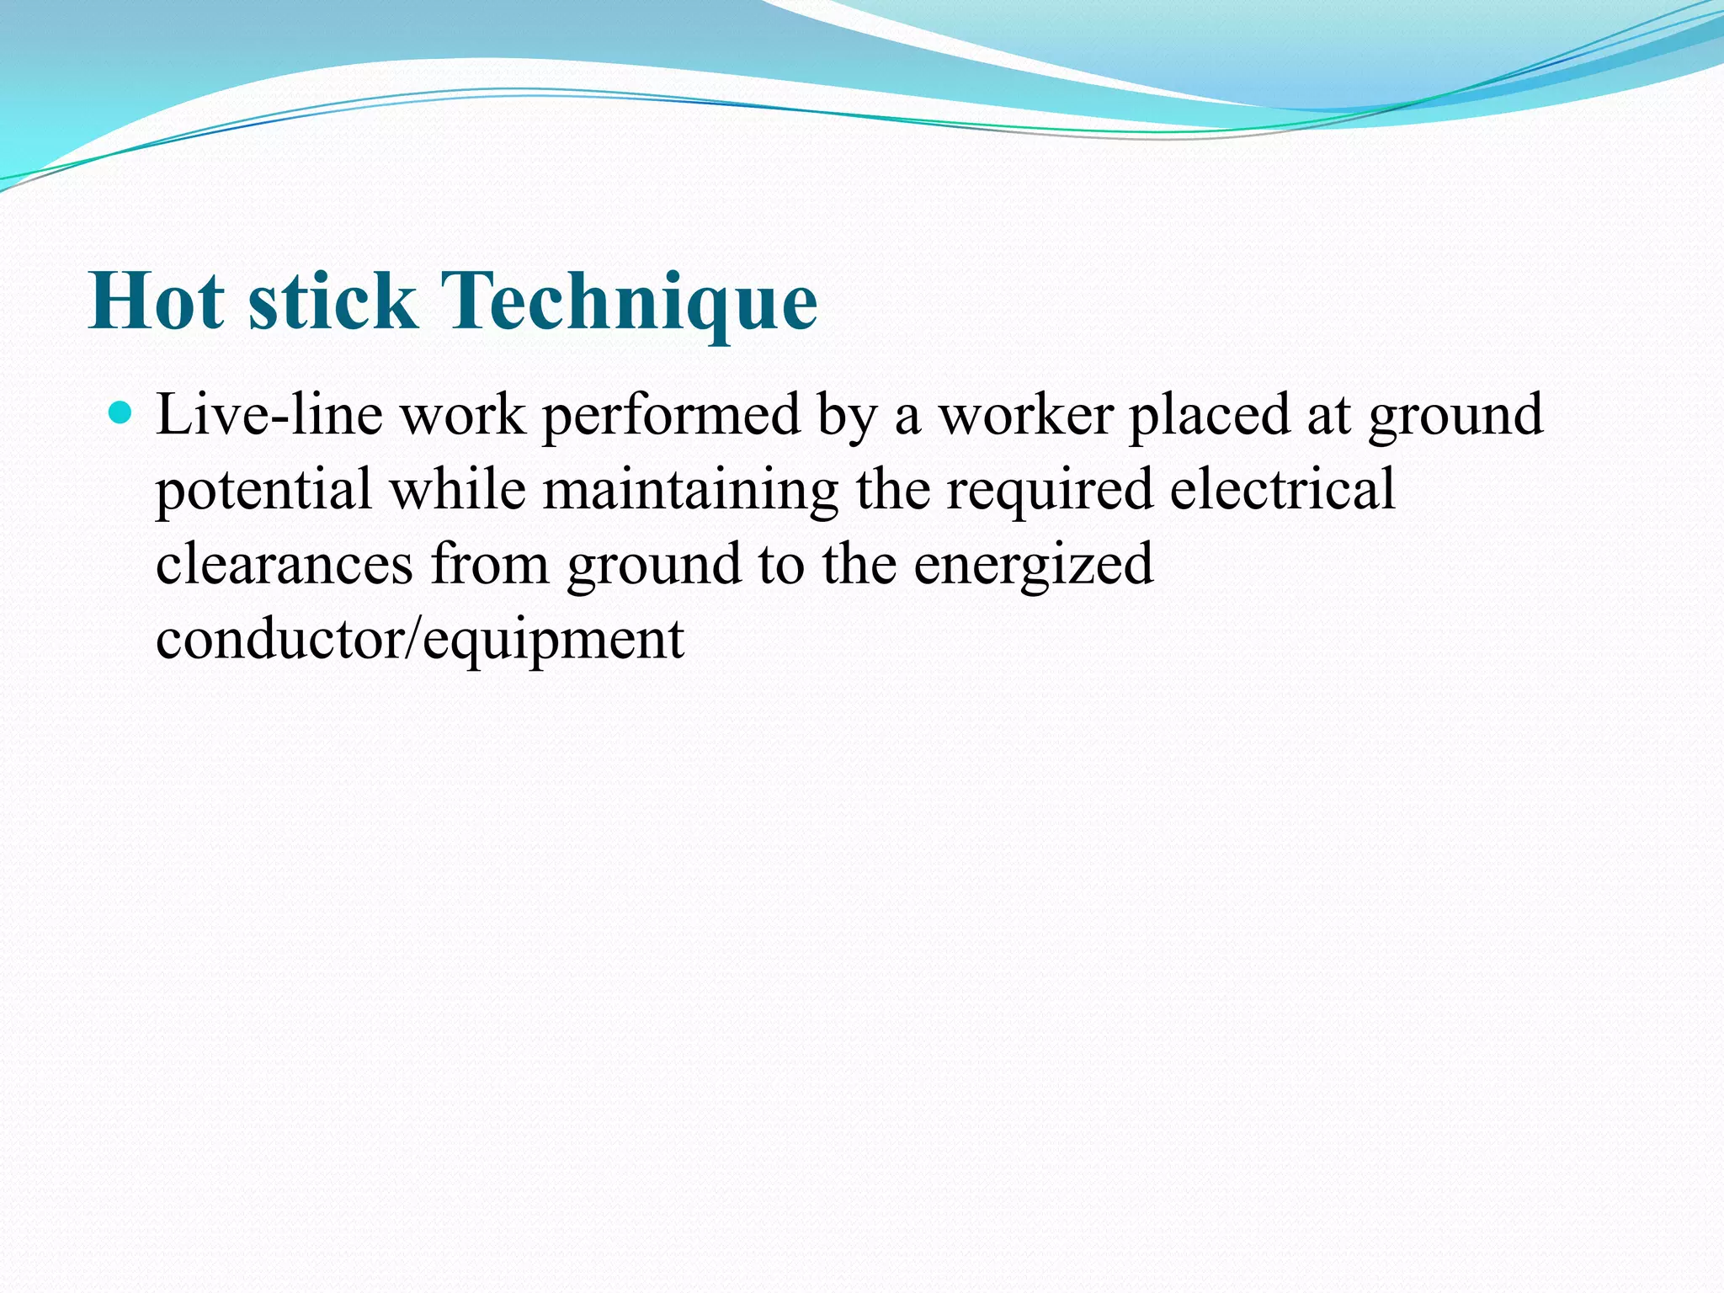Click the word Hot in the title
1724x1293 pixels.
157,301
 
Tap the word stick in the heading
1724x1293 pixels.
333,301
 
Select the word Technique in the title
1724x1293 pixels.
628,301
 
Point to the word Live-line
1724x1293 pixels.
268,415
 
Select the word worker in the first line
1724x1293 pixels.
1025,415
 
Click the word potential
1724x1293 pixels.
263,491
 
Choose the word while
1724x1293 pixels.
457,489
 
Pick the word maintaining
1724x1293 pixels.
690,491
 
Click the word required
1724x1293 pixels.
1049,491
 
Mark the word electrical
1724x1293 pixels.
1282,489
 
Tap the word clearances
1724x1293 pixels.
285,564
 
